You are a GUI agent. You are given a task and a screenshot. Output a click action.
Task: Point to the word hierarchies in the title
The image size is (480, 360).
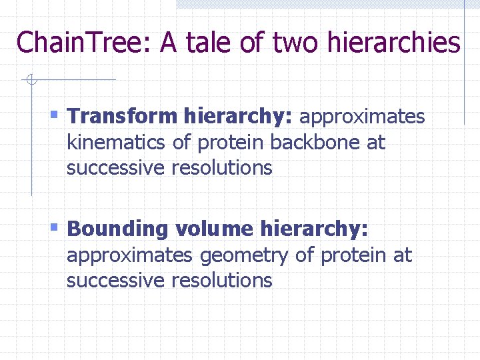[395, 43]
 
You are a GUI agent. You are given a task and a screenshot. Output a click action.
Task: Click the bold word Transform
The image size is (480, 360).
[122, 117]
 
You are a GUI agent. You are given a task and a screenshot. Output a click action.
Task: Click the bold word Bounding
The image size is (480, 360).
[119, 229]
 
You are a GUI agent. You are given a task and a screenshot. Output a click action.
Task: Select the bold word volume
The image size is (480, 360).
[215, 229]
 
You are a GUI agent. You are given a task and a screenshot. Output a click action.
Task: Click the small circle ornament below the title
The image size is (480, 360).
[29, 81]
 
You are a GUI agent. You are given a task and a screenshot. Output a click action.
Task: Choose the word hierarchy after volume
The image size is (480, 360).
[314, 229]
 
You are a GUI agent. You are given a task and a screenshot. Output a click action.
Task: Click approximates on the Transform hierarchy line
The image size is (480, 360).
[362, 117]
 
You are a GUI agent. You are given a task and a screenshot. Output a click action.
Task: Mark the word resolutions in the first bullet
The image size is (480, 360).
[222, 168]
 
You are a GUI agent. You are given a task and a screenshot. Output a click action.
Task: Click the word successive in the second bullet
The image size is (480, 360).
[116, 281]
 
